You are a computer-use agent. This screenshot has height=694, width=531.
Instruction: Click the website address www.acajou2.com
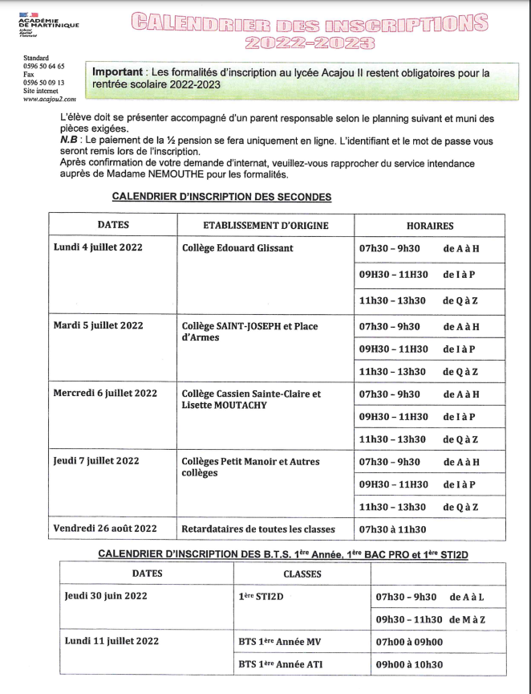pyautogui.click(x=49, y=99)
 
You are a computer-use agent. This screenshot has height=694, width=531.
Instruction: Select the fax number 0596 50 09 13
pyautogui.click(x=43, y=83)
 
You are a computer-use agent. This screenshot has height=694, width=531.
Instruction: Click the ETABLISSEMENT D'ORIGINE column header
pyautogui.click(x=265, y=226)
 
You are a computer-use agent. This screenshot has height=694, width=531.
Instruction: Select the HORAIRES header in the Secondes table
pyautogui.click(x=430, y=226)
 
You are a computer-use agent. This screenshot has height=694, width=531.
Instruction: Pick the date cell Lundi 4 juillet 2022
pyautogui.click(x=98, y=247)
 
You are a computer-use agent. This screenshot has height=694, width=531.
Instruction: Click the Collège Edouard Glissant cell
pyautogui.click(x=237, y=248)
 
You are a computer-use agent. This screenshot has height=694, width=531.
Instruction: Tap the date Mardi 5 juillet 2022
pyautogui.click(x=98, y=325)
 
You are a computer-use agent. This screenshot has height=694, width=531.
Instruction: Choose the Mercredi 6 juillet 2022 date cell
pyautogui.click(x=105, y=394)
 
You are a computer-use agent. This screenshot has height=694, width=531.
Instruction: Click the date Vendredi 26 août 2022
pyautogui.click(x=104, y=529)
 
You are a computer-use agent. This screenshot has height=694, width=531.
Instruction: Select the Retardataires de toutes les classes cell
pyautogui.click(x=258, y=529)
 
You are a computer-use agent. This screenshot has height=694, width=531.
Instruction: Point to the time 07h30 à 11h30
pyautogui.click(x=392, y=529)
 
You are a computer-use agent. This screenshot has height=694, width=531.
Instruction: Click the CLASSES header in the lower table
pyautogui.click(x=302, y=574)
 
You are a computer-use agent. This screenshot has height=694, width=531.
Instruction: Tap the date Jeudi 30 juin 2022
pyautogui.click(x=107, y=596)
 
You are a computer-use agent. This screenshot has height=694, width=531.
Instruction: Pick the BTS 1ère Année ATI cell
pyautogui.click(x=281, y=664)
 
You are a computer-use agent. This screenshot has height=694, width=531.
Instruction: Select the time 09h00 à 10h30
pyautogui.click(x=409, y=664)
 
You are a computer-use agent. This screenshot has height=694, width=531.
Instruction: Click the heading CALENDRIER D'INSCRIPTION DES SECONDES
pyautogui.click(x=221, y=196)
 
